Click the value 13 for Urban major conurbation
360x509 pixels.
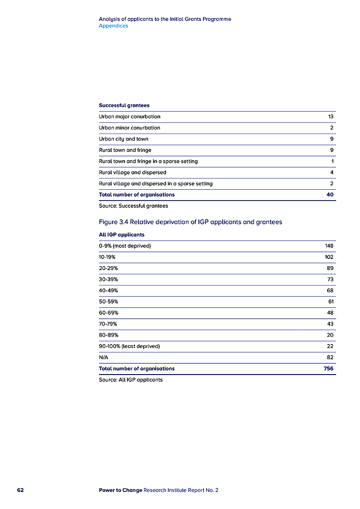pyautogui.click(x=331, y=117)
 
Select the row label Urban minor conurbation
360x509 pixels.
pyautogui.click(x=130, y=128)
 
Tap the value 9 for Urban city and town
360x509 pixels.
pyautogui.click(x=332, y=139)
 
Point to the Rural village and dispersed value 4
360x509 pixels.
pyautogui.click(x=332, y=172)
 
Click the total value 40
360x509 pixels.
pyautogui.click(x=330, y=195)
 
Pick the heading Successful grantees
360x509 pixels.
pyautogui.click(x=124, y=106)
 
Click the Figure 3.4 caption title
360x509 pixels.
pyautogui.click(x=190, y=222)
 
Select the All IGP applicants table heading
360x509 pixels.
pyautogui.click(x=121, y=235)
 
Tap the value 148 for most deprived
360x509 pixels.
pyautogui.click(x=329, y=246)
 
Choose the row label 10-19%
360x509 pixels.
pyautogui.click(x=107, y=257)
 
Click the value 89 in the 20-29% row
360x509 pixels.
pyautogui.click(x=330, y=268)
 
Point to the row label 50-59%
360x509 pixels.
pyautogui.click(x=108, y=302)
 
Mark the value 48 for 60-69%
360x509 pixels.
pyautogui.click(x=330, y=313)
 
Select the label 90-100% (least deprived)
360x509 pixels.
pyautogui.click(x=129, y=346)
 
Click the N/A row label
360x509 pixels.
pyautogui.click(x=103, y=357)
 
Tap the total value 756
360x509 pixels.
pyautogui.click(x=328, y=369)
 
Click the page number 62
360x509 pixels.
pyautogui.click(x=20, y=490)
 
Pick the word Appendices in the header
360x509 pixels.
pyautogui.click(x=113, y=26)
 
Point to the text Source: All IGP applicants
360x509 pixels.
pyautogui.click(x=130, y=380)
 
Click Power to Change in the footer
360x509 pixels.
pyautogui.click(x=120, y=490)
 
